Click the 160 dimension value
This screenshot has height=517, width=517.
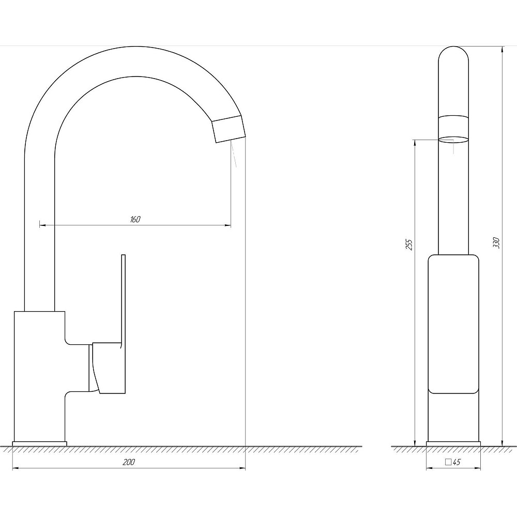(135, 219)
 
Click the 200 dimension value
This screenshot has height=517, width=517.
(129, 462)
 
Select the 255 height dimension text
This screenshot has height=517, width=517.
(409, 245)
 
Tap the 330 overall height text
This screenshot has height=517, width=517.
(496, 242)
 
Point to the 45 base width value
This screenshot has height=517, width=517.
(457, 462)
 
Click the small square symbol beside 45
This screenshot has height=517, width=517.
(448, 462)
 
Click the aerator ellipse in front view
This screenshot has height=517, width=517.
(453, 140)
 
